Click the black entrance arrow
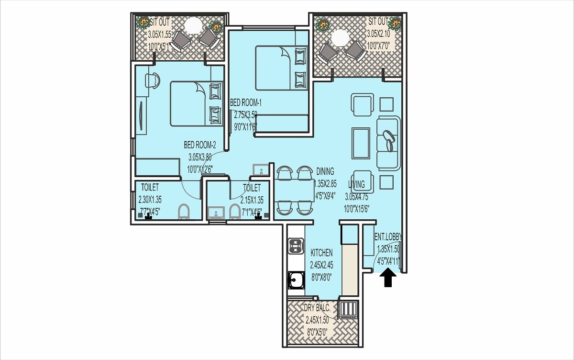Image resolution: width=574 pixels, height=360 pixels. (388, 279)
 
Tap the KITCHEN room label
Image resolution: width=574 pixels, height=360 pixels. (321, 253)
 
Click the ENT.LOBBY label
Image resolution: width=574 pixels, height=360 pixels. (388, 237)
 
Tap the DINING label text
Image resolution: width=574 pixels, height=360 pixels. (325, 171)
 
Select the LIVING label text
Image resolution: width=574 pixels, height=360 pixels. (356, 184)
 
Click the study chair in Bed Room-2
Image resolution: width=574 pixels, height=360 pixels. (154, 80)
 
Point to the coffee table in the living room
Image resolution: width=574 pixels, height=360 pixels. (361, 143)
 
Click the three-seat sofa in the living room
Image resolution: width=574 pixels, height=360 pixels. (388, 142)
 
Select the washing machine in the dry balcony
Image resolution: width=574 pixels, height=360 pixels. (348, 309)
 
